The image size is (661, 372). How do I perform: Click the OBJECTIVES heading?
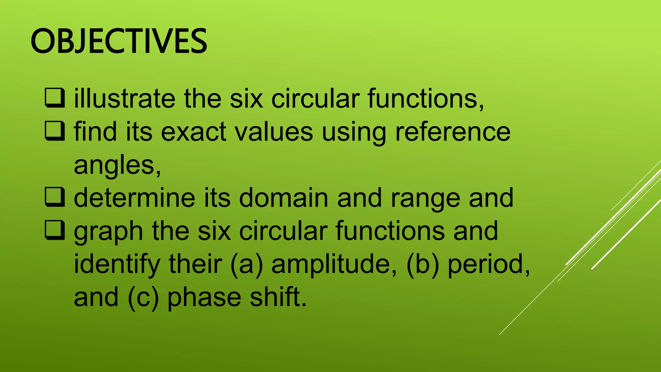(119, 41)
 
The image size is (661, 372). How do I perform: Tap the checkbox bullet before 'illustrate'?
(55, 98)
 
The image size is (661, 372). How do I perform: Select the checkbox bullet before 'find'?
(55, 131)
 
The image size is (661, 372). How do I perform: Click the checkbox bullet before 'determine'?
(55, 198)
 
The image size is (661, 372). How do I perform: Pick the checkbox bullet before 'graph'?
(55, 231)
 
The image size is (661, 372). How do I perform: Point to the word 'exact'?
(194, 132)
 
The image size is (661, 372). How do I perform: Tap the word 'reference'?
(453, 132)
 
